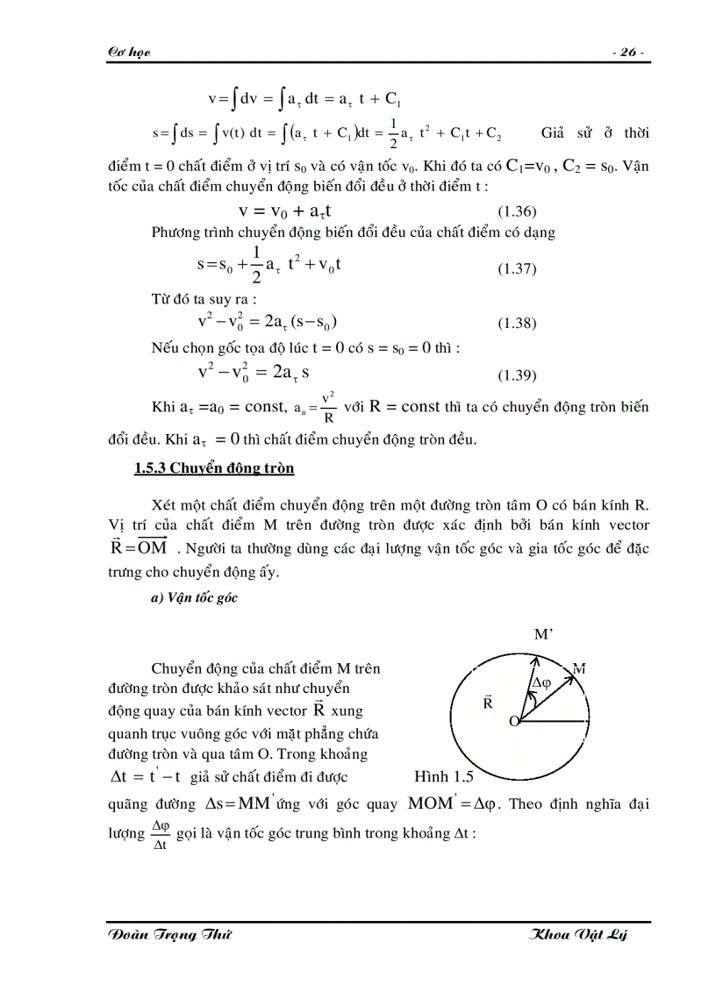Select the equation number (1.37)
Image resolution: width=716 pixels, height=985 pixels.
[517, 268]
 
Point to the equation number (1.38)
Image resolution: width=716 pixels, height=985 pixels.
[517, 324]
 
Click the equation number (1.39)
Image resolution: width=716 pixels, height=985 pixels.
[517, 375]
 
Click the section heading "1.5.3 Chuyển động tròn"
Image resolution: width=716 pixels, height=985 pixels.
[214, 468]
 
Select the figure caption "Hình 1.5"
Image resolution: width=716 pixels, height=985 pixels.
[443, 777]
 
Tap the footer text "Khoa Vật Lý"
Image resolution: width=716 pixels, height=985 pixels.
[579, 936]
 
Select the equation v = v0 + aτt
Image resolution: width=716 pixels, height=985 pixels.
[284, 211]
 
